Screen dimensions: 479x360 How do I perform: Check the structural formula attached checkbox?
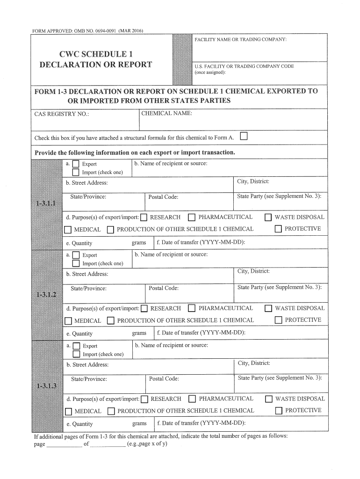click(244, 137)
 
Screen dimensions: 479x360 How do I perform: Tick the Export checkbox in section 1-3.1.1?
click(76, 164)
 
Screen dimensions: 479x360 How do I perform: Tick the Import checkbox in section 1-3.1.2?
click(76, 263)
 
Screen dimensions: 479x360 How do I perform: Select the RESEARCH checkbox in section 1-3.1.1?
click(144, 217)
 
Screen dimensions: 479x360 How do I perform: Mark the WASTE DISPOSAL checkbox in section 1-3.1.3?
click(269, 399)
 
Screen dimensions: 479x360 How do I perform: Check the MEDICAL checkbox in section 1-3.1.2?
click(68, 321)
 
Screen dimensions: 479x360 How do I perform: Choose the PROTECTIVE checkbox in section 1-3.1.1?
click(278, 229)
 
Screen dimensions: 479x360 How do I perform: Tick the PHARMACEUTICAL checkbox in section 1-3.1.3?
click(192, 399)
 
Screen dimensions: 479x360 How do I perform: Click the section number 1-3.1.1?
click(45, 204)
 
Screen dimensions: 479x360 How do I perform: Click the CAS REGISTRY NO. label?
click(62, 114)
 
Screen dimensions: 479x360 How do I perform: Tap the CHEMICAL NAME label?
click(166, 113)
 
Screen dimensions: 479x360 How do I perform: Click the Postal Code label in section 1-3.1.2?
click(164, 288)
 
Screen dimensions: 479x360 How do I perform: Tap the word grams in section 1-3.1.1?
click(139, 243)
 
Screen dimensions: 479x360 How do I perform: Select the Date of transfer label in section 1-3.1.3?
click(202, 423)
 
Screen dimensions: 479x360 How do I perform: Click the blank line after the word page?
click(64, 444)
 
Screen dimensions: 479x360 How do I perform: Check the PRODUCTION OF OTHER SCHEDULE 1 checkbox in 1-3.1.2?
click(111, 321)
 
